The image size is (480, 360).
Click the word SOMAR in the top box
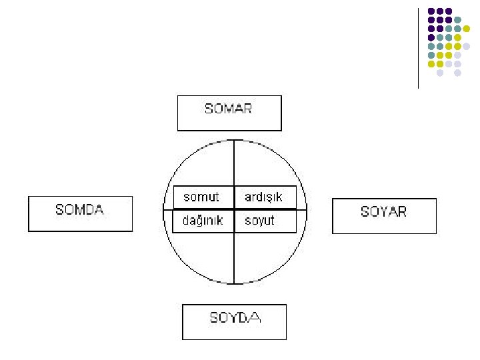pos(228,109)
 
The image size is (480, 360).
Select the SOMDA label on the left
pos(79,209)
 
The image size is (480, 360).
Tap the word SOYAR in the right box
pos(383,212)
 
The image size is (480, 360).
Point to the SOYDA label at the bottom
pos(235,317)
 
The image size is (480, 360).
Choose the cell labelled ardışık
pos(264,197)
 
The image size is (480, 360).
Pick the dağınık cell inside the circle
pos(203,221)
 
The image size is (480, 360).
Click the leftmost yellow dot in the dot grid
pos(431,64)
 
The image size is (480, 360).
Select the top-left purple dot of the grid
pos(431,12)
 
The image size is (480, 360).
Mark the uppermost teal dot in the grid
pos(458,21)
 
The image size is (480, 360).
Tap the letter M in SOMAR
pos(227,109)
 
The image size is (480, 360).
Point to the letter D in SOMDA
pos(88,209)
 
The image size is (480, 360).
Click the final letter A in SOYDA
pos(254,317)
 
